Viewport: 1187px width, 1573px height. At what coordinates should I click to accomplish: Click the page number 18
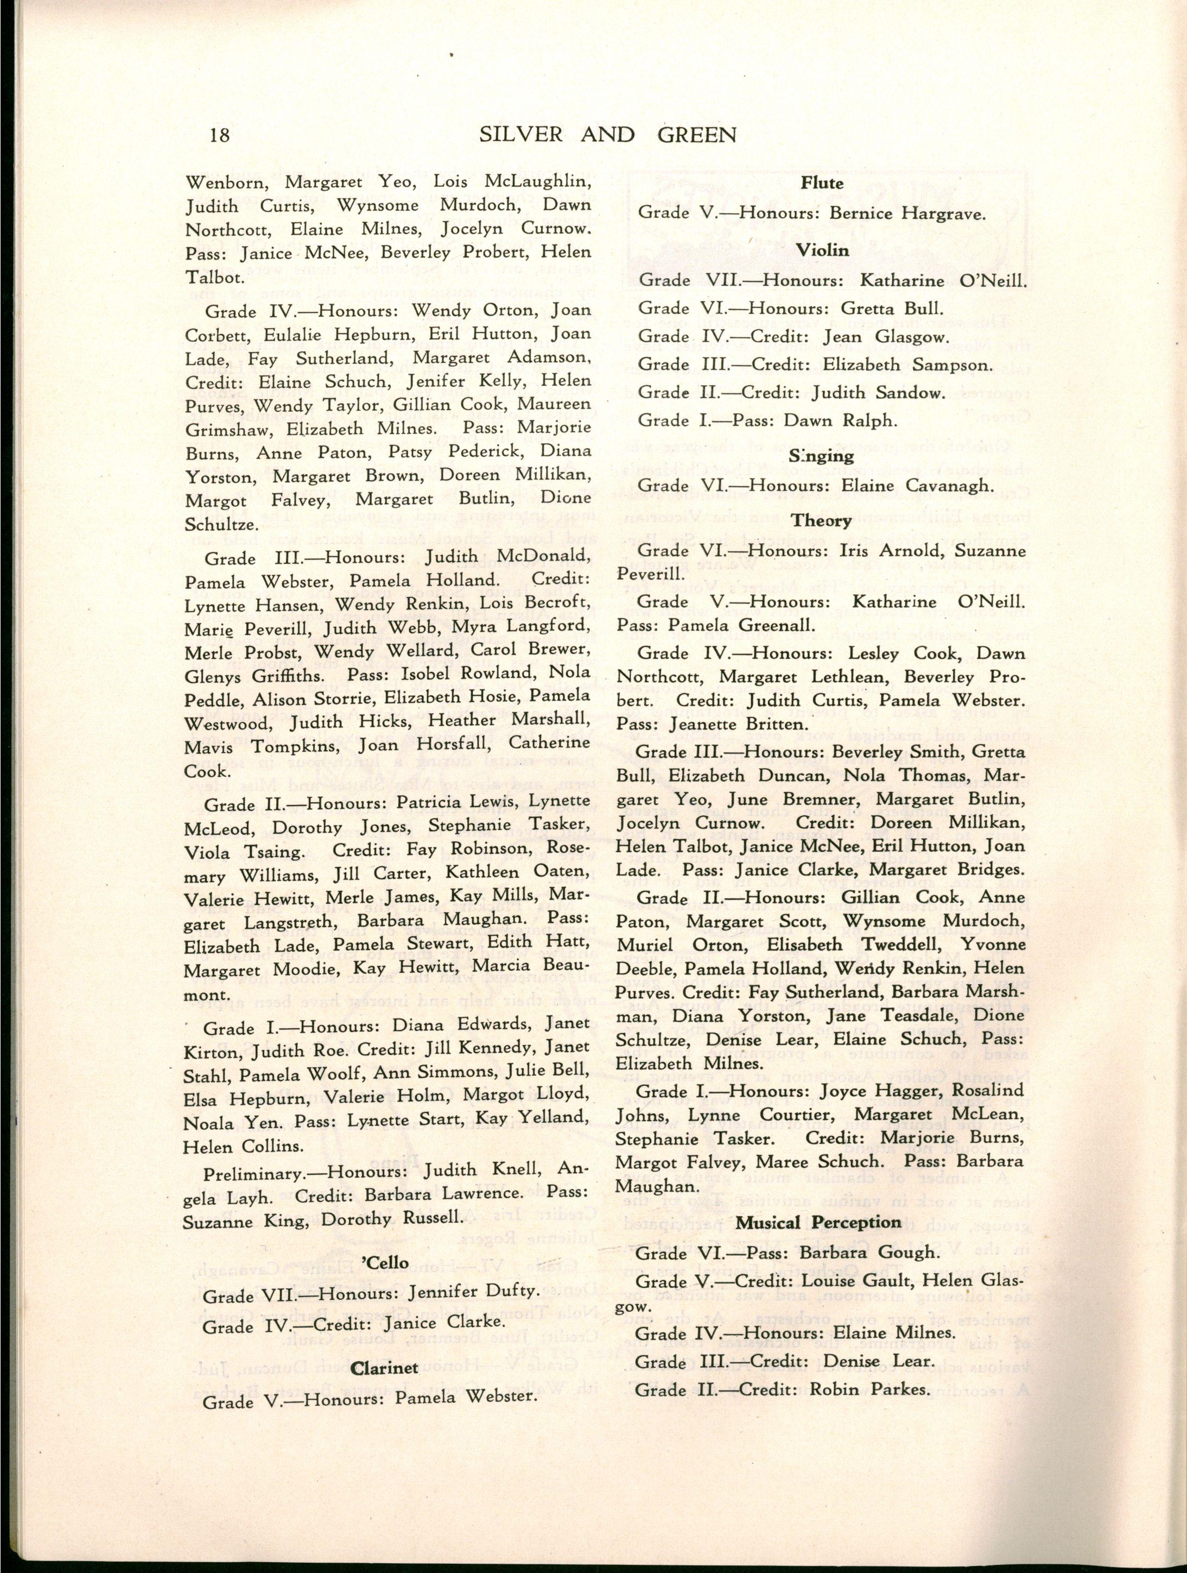(x=220, y=134)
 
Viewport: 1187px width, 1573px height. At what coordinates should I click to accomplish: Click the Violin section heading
(x=822, y=250)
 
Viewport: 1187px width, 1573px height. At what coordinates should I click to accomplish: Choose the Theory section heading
(x=822, y=520)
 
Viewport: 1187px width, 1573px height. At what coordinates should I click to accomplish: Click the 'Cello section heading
(x=386, y=1262)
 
